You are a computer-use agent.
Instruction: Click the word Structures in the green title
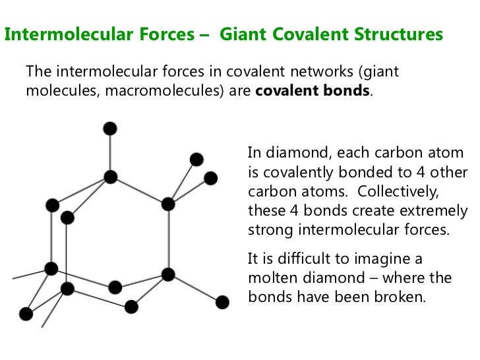396,34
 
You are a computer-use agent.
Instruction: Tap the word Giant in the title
243,34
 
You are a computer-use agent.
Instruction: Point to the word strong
268,230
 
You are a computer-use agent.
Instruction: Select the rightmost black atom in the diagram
222,302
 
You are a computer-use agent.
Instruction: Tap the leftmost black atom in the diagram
26,313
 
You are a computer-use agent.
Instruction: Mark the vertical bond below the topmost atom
110,152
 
